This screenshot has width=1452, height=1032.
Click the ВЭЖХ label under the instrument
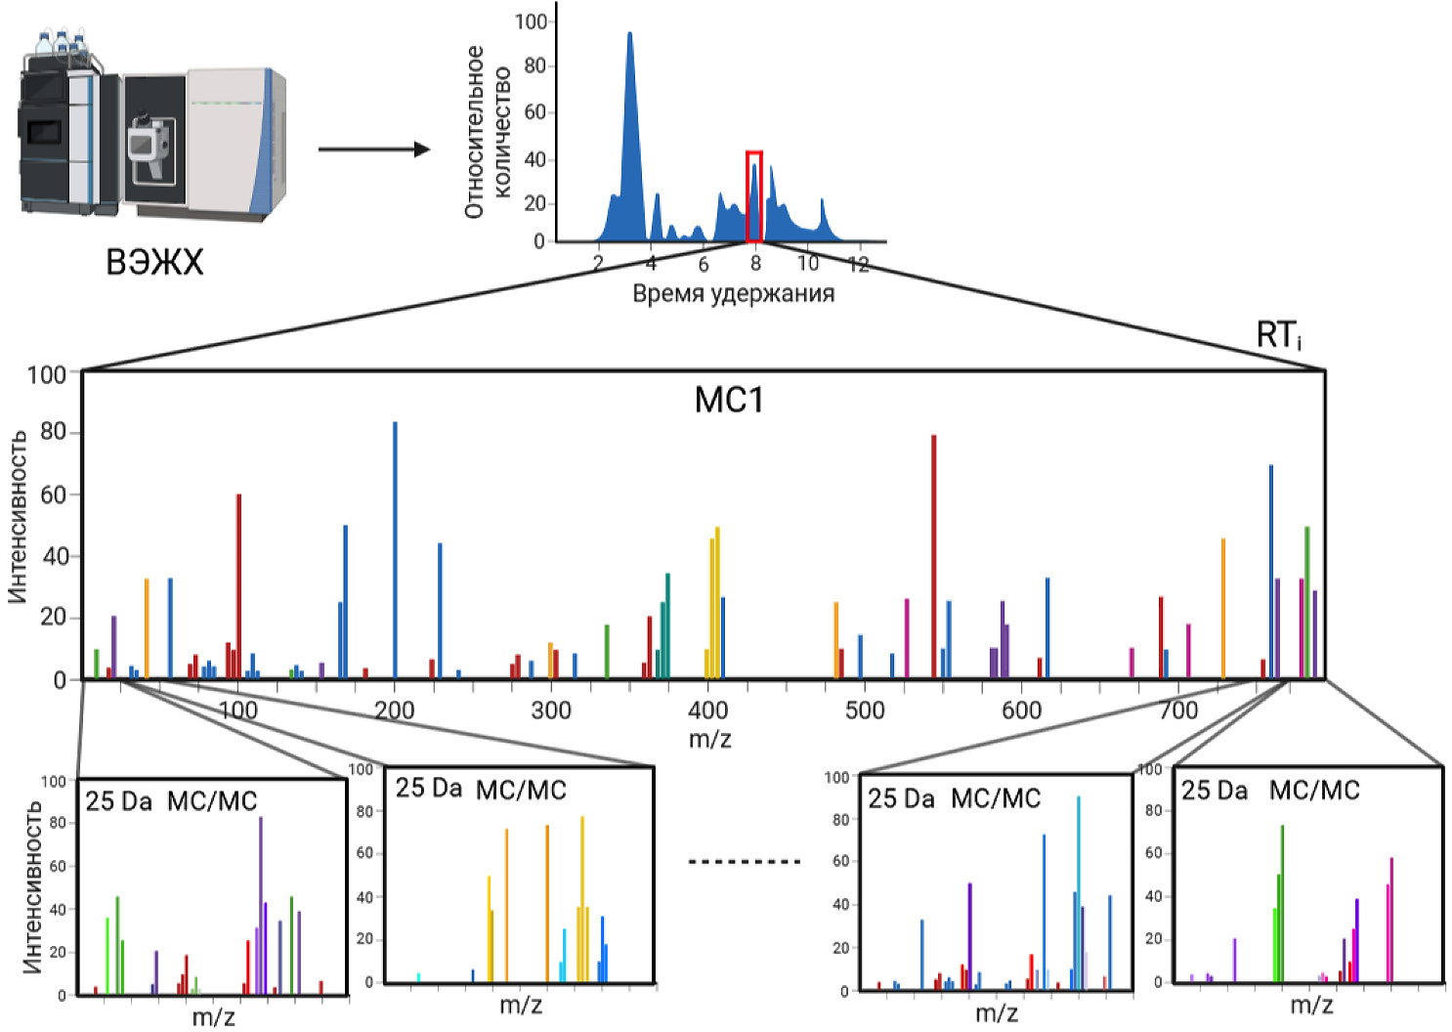pos(154,262)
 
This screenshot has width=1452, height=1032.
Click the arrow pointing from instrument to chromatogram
pos(373,150)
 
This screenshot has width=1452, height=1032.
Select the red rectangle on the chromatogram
pos(753,196)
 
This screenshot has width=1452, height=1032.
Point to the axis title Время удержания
pos(733,293)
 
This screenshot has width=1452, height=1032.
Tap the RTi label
pos(1278,335)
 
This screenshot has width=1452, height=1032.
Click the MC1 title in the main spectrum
pos(728,400)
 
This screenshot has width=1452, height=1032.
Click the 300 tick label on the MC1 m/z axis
pos(551,709)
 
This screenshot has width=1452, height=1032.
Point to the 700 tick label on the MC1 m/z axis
pos(1178,709)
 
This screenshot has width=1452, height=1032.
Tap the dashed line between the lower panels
pos(745,862)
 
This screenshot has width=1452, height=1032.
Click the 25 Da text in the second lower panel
pos(428,788)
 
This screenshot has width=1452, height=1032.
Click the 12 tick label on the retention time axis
pos(858,264)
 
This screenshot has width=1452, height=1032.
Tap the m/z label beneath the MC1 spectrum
pos(709,739)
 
